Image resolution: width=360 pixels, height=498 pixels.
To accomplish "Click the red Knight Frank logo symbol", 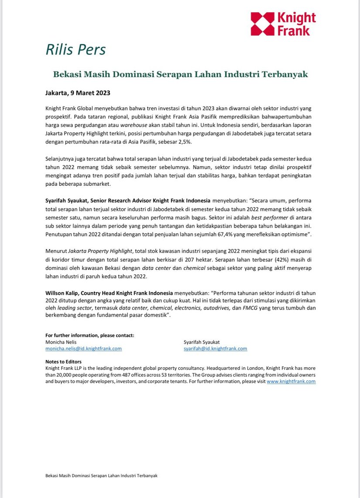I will click(x=263, y=24).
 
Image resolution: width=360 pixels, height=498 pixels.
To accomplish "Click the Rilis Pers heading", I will click(x=75, y=50).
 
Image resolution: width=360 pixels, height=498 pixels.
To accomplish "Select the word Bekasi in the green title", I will click(x=67, y=75).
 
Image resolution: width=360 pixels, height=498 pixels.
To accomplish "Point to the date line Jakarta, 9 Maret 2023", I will click(x=78, y=93).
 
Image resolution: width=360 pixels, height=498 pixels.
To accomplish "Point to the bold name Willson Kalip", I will click(x=65, y=292).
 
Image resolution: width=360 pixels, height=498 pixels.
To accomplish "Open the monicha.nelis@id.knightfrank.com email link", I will click(x=83, y=348).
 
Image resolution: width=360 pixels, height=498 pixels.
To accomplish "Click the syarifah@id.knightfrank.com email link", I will click(x=216, y=348).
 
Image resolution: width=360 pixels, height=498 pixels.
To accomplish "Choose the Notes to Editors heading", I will click(x=63, y=362).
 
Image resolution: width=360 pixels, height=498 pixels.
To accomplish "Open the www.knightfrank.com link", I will click(x=291, y=381).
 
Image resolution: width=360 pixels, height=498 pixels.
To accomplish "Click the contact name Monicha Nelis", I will click(x=61, y=342).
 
